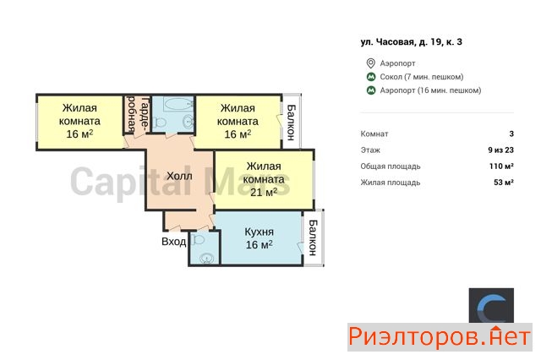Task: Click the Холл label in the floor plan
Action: (179, 177)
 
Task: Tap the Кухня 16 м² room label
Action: (260, 238)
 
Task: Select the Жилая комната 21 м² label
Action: (264, 179)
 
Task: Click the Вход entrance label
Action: (173, 242)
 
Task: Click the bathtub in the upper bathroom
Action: (178, 103)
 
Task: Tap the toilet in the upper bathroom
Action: (159, 122)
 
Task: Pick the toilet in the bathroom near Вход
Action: (197, 239)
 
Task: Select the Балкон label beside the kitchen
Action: (313, 238)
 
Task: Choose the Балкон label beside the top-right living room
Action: (291, 123)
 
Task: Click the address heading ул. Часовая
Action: (412, 42)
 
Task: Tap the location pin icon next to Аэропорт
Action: (370, 63)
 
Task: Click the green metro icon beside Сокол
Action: (370, 77)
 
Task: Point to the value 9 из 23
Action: (500, 150)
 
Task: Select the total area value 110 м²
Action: (501, 166)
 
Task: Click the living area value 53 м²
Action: (504, 183)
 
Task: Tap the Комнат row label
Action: (374, 134)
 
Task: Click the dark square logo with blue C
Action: (491, 306)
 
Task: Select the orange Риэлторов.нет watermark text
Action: (440, 336)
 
